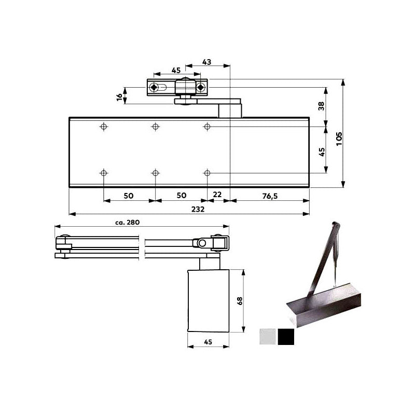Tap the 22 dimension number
click(218, 195)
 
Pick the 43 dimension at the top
click(206, 62)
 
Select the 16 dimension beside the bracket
click(119, 96)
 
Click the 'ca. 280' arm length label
click(128, 222)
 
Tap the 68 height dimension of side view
click(239, 301)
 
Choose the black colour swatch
click(285, 337)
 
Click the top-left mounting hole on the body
click(104, 127)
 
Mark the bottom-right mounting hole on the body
click(207, 173)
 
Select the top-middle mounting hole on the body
click(155, 127)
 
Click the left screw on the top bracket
click(154, 88)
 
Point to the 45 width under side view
click(208, 341)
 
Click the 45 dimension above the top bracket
click(176, 71)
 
